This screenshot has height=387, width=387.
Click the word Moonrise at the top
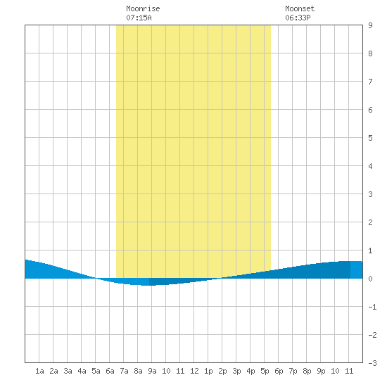(x=143, y=8)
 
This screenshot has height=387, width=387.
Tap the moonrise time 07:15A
(x=139, y=18)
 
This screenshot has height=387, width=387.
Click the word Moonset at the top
(x=300, y=8)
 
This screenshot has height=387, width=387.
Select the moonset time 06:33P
(x=298, y=18)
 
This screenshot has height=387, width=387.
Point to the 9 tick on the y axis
(x=370, y=25)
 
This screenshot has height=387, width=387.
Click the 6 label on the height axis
(x=370, y=110)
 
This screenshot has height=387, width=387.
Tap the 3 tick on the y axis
(x=370, y=194)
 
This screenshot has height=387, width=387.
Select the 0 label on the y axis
(x=370, y=279)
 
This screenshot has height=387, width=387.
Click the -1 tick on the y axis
(x=372, y=307)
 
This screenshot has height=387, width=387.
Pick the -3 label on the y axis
(x=372, y=363)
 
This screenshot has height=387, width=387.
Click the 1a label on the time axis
(x=39, y=371)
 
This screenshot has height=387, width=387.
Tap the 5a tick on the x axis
(x=96, y=371)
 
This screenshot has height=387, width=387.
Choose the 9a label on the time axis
(x=152, y=371)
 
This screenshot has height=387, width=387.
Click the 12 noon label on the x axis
(x=194, y=371)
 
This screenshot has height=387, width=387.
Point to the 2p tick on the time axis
(x=222, y=371)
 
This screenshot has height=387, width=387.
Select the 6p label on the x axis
(x=279, y=371)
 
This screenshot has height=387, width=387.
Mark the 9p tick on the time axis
(x=321, y=371)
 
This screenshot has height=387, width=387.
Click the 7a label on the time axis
(x=124, y=371)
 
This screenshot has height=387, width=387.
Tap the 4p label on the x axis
(x=250, y=371)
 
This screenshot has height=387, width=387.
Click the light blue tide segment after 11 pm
(x=357, y=269)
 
